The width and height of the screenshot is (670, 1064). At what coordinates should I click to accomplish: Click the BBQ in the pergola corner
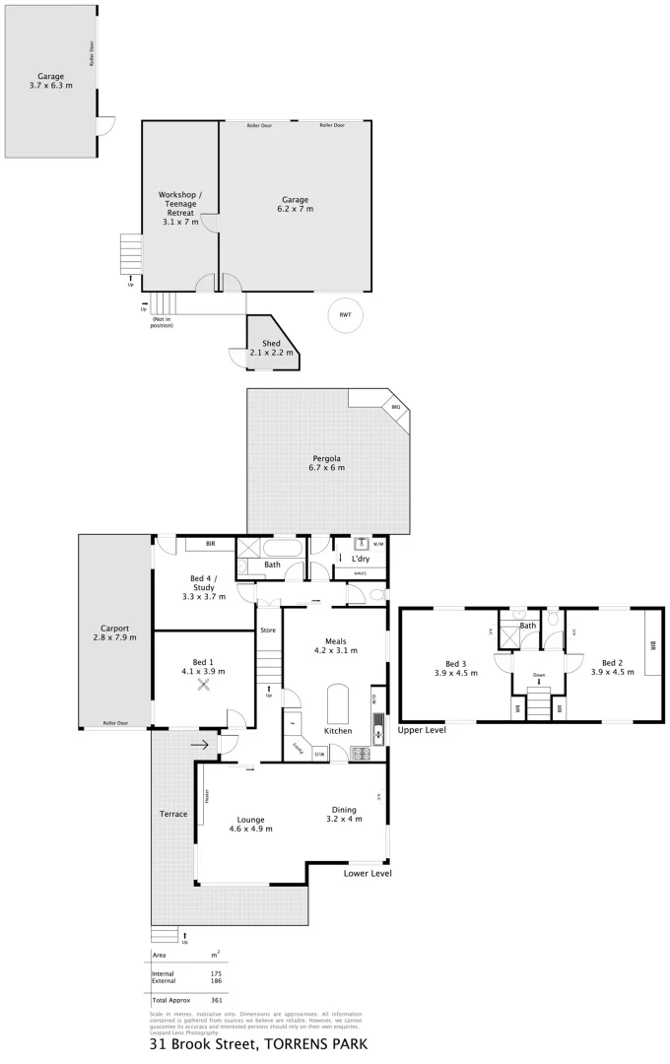click(395, 407)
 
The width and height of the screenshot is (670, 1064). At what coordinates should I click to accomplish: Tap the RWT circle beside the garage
click(345, 314)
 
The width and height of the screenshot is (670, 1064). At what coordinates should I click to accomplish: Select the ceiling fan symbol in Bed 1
click(205, 686)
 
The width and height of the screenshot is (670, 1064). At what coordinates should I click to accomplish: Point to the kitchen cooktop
click(361, 755)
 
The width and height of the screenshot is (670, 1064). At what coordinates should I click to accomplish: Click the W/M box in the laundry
click(378, 543)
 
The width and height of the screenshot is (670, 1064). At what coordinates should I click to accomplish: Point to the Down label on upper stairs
click(538, 675)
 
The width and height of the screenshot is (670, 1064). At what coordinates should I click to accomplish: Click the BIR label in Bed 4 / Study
click(210, 544)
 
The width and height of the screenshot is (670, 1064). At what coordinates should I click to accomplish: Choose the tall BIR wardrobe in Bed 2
click(651, 645)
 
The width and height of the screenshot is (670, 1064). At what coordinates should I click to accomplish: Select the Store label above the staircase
click(267, 630)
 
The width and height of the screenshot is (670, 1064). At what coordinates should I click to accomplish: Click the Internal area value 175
click(216, 973)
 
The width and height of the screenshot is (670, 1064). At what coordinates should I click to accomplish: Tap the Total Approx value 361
click(216, 1000)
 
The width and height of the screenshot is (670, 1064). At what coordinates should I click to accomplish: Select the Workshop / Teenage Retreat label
click(180, 208)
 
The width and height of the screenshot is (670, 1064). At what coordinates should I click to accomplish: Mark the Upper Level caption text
click(422, 730)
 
